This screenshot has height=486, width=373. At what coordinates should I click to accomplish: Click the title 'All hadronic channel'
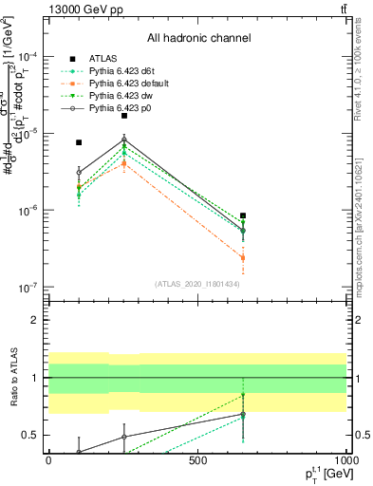(x=198, y=38)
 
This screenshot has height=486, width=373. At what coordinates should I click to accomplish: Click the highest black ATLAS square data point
(x=124, y=116)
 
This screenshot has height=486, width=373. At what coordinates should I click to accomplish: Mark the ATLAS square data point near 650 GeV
(x=243, y=215)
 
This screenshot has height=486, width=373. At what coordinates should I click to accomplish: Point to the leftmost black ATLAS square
(x=79, y=142)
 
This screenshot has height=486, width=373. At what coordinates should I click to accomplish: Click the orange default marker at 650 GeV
(x=243, y=257)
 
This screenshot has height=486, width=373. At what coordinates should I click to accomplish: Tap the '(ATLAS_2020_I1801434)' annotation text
(x=198, y=283)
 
